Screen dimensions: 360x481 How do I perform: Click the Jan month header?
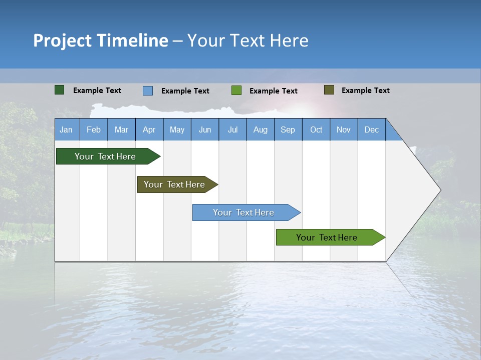click(x=66, y=129)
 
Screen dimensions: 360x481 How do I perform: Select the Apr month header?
click(x=149, y=129)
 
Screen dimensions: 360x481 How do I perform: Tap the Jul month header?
click(x=232, y=129)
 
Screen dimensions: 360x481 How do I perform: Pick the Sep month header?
click(x=288, y=129)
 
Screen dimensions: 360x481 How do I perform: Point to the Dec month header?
click(x=371, y=129)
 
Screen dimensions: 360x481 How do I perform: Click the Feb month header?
click(x=94, y=129)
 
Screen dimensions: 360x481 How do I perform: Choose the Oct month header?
click(x=316, y=129)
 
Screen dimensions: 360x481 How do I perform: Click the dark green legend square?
click(x=59, y=90)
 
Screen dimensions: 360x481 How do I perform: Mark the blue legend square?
click(x=148, y=90)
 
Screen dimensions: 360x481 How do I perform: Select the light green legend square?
click(x=236, y=90)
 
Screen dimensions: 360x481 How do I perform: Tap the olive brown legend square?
click(x=329, y=90)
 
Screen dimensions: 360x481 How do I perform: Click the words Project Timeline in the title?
click(x=101, y=40)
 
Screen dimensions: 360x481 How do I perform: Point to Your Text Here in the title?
click(x=248, y=40)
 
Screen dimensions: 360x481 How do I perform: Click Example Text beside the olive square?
click(x=365, y=90)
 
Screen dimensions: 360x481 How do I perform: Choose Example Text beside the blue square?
click(x=185, y=91)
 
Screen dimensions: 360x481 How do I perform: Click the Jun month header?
click(x=205, y=129)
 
